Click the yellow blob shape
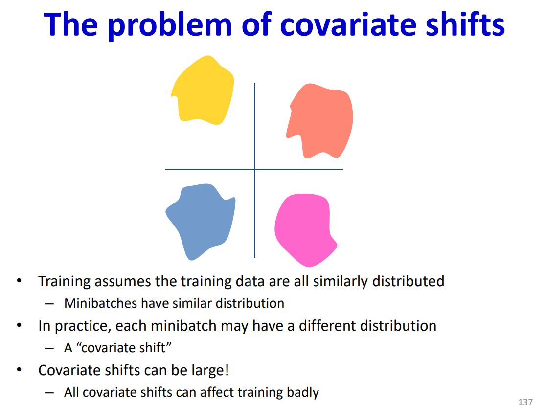pos(203,90)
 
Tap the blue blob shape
pos(201,220)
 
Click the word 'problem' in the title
pos(170,25)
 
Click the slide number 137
pos(525,402)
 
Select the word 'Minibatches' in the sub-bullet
pos(101,303)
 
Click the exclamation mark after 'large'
pos(227,370)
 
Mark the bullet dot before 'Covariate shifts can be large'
pos(19,369)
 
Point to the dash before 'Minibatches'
pos(50,304)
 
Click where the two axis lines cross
pos(255,169)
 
